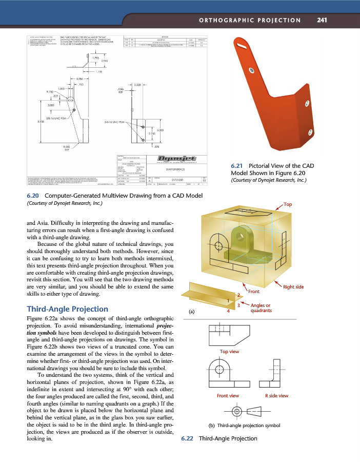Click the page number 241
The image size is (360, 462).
click(x=322, y=20)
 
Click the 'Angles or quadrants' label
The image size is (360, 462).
click(x=261, y=308)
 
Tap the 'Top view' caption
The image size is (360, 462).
click(x=229, y=352)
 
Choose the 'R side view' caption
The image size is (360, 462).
click(x=276, y=396)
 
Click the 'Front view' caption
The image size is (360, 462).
click(x=228, y=396)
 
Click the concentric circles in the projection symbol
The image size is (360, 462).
click(x=236, y=411)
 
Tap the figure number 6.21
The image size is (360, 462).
click(x=236, y=166)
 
